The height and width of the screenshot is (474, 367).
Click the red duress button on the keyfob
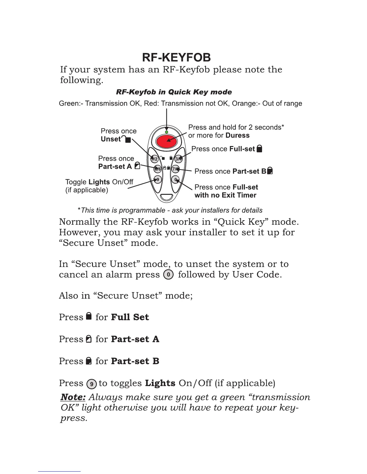click(166, 141)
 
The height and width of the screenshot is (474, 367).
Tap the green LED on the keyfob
click(166, 132)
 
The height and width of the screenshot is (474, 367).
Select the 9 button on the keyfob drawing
click(158, 180)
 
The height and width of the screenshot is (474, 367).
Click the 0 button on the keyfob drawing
click(176, 180)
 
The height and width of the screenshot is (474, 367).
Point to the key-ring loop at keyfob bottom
click(166, 197)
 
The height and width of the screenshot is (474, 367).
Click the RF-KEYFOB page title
click(176, 57)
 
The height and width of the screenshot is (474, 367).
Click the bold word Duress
click(237, 136)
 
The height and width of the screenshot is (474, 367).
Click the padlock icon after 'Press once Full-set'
click(260, 148)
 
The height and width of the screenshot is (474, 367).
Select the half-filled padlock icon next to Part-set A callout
click(137, 166)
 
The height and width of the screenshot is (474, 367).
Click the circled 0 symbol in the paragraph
click(169, 274)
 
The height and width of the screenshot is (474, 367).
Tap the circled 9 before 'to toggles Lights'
click(91, 384)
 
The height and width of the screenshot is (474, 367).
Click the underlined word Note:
click(73, 397)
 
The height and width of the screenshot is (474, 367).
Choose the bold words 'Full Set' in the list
click(130, 317)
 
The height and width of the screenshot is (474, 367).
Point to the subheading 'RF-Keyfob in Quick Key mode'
click(174, 92)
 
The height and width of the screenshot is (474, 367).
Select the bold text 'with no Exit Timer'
click(225, 195)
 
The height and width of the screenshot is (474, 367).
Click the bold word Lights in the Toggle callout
click(99, 182)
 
